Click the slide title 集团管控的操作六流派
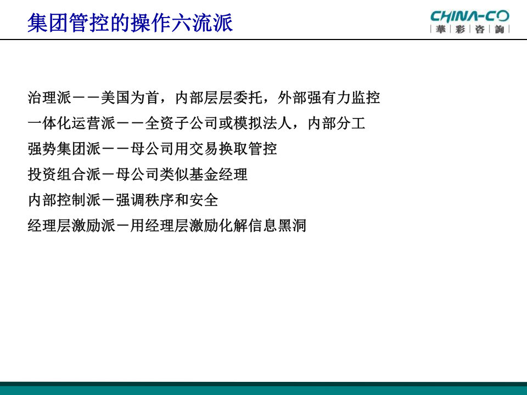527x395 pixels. click(x=130, y=23)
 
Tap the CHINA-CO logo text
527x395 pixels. click(x=470, y=16)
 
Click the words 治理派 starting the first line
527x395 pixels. click(x=49, y=98)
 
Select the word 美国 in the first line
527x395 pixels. click(x=115, y=98)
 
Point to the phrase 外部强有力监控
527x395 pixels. click(x=329, y=98)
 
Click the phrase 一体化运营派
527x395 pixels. click(x=71, y=123)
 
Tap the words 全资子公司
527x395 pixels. click(x=182, y=123)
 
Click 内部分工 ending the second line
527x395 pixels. click(x=337, y=123)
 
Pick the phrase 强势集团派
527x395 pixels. click(x=64, y=149)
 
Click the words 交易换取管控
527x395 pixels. click(x=233, y=149)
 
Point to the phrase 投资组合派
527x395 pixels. click(x=64, y=174)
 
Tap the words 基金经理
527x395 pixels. click(x=218, y=174)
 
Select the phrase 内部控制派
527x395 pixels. click(x=64, y=200)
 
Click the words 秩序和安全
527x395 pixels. click(x=182, y=200)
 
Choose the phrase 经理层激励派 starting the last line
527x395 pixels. click(x=71, y=225)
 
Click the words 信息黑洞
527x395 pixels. click(x=277, y=225)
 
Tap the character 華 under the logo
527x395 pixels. click(x=441, y=29)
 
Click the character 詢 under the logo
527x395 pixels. click(x=500, y=29)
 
